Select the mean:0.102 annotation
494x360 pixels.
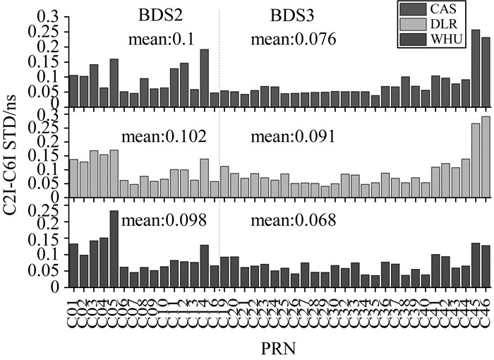(x=164, y=132)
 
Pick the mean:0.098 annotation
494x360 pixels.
(x=164, y=220)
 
